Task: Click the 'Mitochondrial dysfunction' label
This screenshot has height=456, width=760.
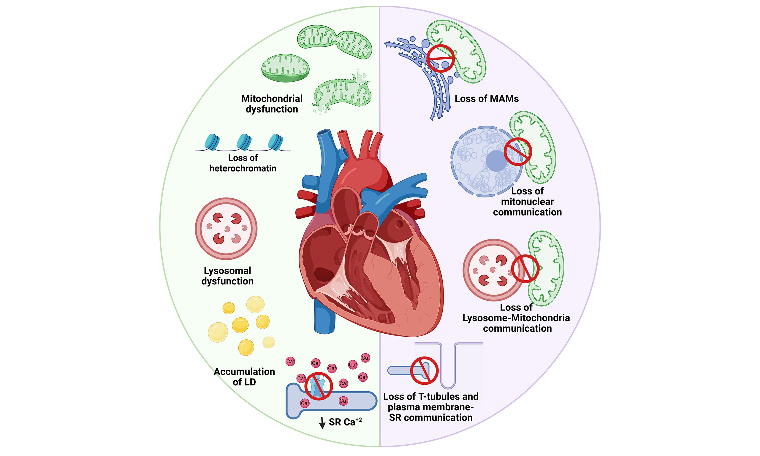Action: click(272, 104)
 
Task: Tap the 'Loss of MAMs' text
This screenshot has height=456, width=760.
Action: click(486, 99)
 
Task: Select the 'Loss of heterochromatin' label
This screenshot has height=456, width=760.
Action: click(243, 163)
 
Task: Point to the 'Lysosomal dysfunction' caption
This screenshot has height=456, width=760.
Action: click(227, 276)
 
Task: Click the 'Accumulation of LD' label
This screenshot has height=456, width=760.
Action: click(244, 377)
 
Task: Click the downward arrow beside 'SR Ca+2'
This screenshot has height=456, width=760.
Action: click(322, 423)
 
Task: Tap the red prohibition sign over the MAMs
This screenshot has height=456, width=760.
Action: click(440, 58)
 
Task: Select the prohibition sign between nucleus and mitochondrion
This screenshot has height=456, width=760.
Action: click(518, 152)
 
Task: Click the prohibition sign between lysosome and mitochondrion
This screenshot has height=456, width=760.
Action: click(525, 269)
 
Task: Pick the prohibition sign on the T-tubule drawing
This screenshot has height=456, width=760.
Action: click(424, 370)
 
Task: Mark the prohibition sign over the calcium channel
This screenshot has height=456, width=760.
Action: click(318, 386)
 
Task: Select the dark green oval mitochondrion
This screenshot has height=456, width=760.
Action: click(285, 68)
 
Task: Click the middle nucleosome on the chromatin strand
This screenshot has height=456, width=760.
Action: click(244, 142)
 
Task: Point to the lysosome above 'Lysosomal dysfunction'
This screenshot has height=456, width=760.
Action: click(226, 229)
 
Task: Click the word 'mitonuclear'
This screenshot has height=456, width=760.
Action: click(527, 202)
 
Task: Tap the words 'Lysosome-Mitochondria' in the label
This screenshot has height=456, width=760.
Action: click(516, 318)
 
